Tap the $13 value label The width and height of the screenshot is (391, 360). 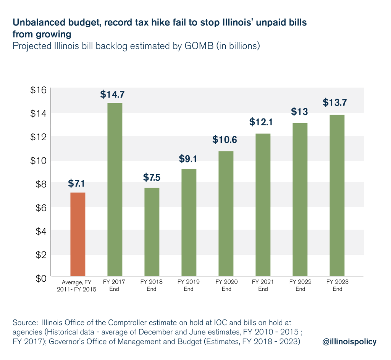click(300, 112)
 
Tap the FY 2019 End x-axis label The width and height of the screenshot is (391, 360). click(189, 285)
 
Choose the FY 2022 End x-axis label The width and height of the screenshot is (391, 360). click(300, 285)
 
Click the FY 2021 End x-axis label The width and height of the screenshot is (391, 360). click(263, 285)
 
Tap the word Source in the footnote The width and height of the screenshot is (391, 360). click(24, 322)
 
